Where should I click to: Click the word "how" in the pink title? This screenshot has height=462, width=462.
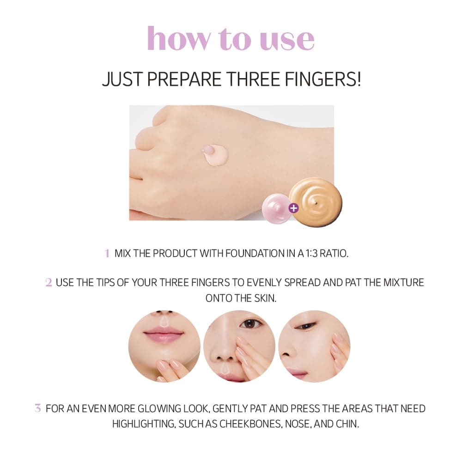tap(179, 38)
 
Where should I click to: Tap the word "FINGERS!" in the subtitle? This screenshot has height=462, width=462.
tap(322, 79)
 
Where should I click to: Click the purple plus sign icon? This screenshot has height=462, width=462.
tap(293, 208)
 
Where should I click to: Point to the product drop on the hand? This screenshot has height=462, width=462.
tap(215, 154)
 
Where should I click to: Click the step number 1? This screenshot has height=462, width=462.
tap(107, 253)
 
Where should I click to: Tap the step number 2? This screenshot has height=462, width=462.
tap(49, 283)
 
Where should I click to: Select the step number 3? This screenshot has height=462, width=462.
tap(38, 408)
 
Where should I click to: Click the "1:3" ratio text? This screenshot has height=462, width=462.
tap(312, 253)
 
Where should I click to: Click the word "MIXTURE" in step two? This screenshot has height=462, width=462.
tap(404, 283)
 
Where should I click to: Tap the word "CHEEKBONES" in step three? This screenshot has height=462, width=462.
tap(251, 424)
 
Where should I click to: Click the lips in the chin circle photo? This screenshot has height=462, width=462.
tap(164, 334)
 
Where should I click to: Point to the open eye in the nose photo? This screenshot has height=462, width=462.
tap(251, 323)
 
